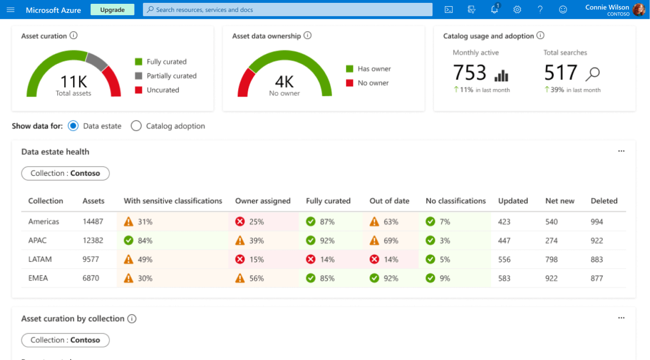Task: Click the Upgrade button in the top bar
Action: click(x=112, y=9)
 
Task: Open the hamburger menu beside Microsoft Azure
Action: click(x=10, y=9)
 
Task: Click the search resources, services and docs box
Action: click(x=288, y=9)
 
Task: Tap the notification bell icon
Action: click(x=495, y=9)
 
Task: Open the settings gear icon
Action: click(x=517, y=9)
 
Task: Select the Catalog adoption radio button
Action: click(x=136, y=126)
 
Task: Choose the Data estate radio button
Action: click(x=73, y=126)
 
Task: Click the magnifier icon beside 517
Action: click(x=593, y=73)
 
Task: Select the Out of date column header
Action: click(x=389, y=201)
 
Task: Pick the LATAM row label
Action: click(x=40, y=260)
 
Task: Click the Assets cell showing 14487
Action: click(x=93, y=222)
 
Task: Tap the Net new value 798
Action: click(x=551, y=260)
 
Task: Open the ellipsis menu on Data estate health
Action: click(x=621, y=152)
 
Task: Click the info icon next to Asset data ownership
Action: click(x=307, y=36)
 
